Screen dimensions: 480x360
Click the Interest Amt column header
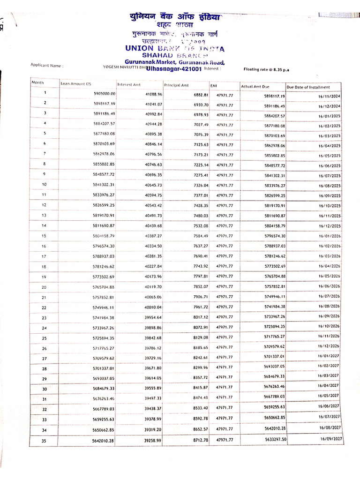(x=129, y=84)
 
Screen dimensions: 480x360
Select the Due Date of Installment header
(x=308, y=87)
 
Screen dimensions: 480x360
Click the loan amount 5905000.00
(x=105, y=94)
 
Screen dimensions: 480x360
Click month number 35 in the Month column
(x=45, y=440)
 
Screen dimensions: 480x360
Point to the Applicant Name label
(x=46, y=66)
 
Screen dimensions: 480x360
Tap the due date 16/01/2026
(x=329, y=236)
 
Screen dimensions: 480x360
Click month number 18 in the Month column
(x=44, y=266)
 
